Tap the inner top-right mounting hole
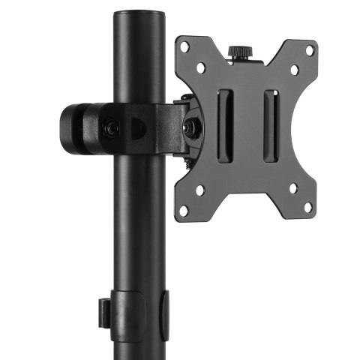pos(294,70)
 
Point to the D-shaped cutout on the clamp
pos(139,128)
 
